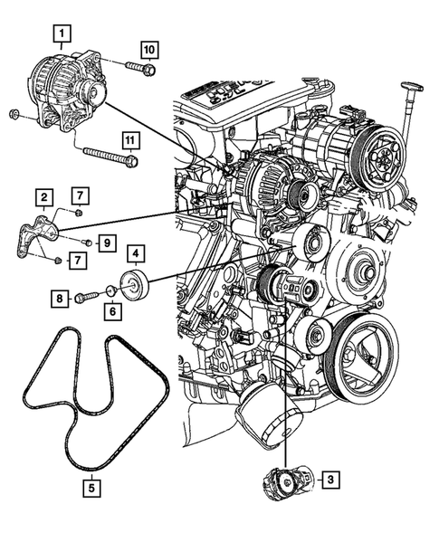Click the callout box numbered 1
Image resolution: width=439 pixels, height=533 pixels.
[x=62, y=35]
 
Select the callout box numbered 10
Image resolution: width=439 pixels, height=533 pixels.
[x=148, y=47]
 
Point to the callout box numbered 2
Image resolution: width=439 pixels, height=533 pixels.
[x=43, y=195]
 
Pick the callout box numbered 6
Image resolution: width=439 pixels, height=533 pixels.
[x=113, y=310]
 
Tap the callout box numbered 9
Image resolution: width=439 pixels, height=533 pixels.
[x=106, y=243]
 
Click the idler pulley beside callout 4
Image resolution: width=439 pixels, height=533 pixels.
[x=138, y=286]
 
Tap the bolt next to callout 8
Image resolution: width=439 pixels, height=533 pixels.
[x=87, y=296]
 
